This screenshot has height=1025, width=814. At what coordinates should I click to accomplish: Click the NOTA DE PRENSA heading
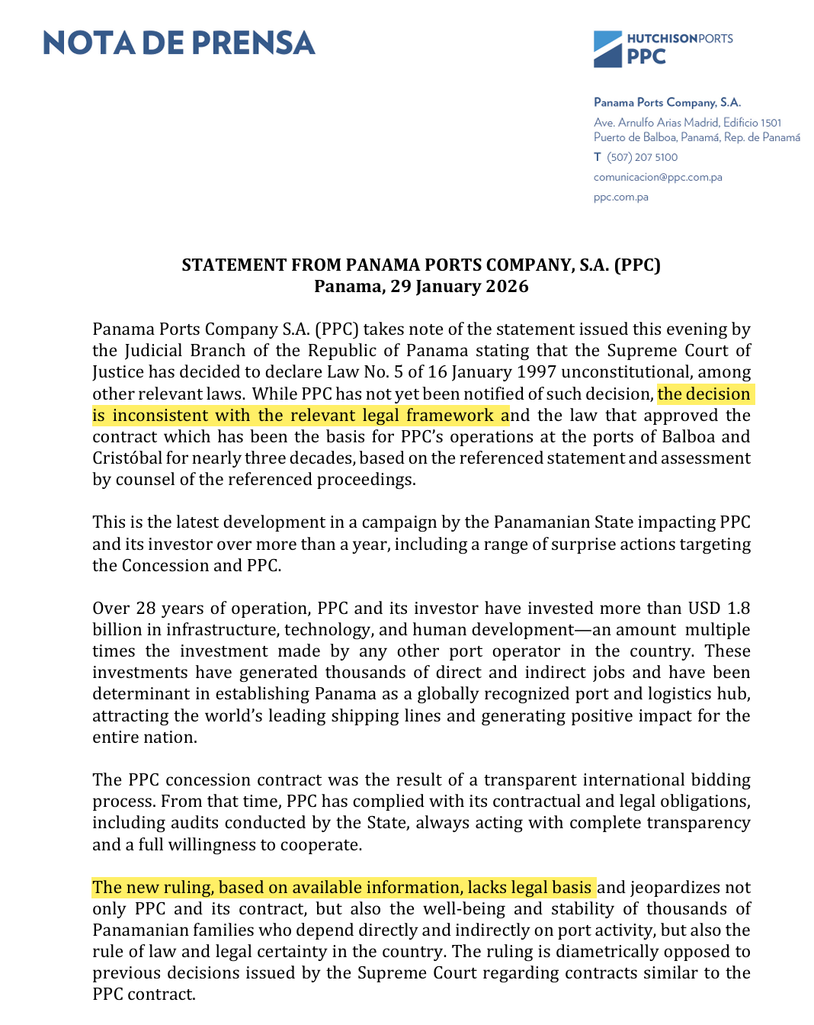tap(179, 43)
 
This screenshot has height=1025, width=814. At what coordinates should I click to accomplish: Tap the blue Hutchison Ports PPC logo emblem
tap(607, 50)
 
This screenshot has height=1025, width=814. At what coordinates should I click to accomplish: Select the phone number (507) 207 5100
tap(642, 157)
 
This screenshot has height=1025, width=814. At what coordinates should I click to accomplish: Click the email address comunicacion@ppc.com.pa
tap(658, 177)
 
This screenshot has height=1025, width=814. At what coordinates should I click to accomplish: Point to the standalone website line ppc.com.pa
tap(621, 197)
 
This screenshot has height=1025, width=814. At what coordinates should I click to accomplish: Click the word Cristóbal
tap(127, 458)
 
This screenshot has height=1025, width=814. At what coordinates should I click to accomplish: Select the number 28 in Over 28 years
tap(146, 609)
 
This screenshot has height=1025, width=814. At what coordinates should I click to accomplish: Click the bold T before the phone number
tap(598, 157)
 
